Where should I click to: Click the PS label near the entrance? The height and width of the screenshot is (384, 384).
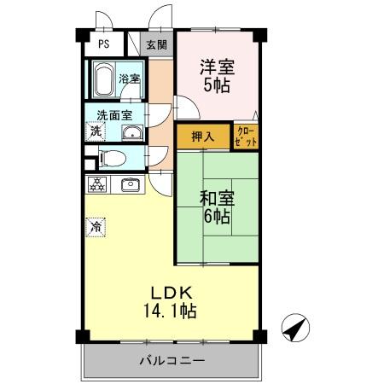pyautogui.click(x=103, y=45)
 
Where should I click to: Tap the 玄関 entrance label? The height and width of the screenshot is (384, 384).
pyautogui.click(x=155, y=45)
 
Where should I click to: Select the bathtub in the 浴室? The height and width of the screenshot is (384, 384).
pyautogui.click(x=106, y=82)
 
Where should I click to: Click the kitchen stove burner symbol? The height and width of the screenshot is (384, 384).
pyautogui.click(x=97, y=183)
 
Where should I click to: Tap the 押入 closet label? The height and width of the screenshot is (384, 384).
pyautogui.click(x=202, y=136)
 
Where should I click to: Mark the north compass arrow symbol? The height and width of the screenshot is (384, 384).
pyautogui.click(x=293, y=328)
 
